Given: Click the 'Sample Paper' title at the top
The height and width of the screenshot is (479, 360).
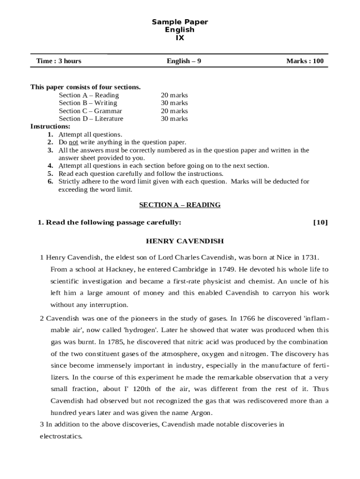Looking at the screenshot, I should point(180,22).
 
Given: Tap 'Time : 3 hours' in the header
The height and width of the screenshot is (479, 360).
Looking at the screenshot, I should point(58,61).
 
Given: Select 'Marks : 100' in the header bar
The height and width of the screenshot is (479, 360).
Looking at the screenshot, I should point(305,61).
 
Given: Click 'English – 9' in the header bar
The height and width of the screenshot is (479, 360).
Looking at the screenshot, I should point(184,61).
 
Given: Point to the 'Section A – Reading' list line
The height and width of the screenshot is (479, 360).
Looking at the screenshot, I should point(89,95).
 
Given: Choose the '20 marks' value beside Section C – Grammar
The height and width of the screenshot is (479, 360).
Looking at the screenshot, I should point(174,111).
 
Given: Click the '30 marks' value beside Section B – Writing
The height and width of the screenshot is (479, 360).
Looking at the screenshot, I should point(174,103).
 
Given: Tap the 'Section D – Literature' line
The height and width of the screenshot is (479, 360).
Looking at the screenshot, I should point(91,119).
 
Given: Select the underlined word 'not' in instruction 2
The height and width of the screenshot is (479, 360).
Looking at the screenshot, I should point(73,142).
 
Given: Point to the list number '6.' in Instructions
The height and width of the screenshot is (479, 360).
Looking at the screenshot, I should point(50,181).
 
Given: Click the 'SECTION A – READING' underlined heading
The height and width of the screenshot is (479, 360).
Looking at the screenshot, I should point(180,205).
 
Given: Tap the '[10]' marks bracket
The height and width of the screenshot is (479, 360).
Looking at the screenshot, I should point(320,222).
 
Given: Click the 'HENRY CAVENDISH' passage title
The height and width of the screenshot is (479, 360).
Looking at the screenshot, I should point(185,241).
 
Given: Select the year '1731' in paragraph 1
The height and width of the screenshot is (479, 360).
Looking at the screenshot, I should point(310,257).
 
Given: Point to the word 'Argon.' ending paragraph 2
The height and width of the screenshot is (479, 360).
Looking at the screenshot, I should point(202,413).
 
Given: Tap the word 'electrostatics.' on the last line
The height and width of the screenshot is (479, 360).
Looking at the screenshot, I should point(61,436).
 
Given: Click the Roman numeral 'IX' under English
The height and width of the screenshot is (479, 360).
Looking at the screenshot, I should point(180,38).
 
